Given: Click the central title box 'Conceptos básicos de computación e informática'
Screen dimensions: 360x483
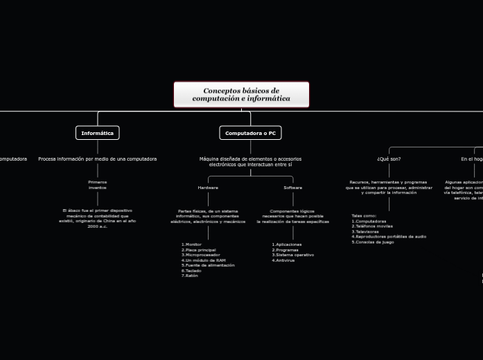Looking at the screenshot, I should click(x=241, y=95).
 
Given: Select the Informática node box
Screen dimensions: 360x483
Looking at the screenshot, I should click(x=98, y=133).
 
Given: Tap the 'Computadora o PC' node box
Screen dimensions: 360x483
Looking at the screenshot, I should click(x=250, y=133).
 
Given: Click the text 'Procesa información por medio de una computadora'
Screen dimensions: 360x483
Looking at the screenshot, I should click(x=98, y=159).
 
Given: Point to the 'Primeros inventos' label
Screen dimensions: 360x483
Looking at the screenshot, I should click(x=98, y=185).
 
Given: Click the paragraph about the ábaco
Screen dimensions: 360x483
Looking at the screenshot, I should click(x=98, y=218).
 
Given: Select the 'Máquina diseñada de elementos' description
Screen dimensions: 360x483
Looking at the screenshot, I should click(x=250, y=162).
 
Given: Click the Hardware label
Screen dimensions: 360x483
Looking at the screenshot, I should click(x=208, y=188).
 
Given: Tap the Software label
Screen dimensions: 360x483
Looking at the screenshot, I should click(x=293, y=188).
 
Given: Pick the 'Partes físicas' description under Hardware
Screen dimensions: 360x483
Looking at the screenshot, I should click(x=208, y=216).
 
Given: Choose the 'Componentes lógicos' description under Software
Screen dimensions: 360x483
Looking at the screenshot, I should click(x=292, y=216).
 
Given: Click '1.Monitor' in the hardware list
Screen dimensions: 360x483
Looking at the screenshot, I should click(x=191, y=244).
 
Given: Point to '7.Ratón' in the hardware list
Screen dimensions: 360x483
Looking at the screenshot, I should click(x=190, y=276).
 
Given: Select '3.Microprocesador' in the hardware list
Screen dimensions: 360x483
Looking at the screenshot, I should click(x=201, y=255).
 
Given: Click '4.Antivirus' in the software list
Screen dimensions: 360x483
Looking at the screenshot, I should click(x=283, y=260).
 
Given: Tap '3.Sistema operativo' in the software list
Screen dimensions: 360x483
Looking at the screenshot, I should click(x=292, y=255).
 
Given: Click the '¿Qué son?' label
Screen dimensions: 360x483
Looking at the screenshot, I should click(x=389, y=159).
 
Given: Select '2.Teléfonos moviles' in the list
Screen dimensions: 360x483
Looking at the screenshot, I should click(x=372, y=226).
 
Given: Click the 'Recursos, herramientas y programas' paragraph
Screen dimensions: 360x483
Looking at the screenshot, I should click(x=389, y=187).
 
